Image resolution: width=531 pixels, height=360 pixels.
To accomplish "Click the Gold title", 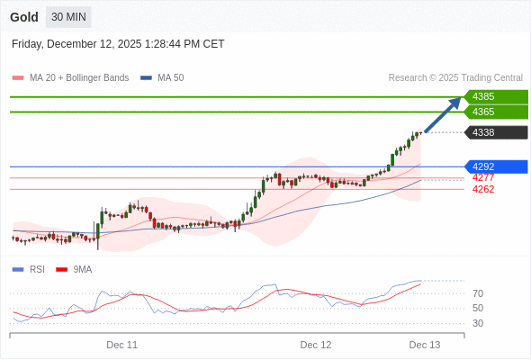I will pyautogui.click(x=24, y=17).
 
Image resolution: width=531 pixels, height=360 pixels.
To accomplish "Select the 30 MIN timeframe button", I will pyautogui.click(x=68, y=17).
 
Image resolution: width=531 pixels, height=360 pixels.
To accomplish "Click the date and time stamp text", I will pyautogui.click(x=118, y=44).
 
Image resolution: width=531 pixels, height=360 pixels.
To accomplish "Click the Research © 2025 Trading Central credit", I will pyautogui.click(x=455, y=78).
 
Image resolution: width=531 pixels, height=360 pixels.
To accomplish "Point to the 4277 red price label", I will pyautogui.click(x=483, y=177).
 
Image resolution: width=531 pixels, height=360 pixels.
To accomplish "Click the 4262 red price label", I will pyautogui.click(x=483, y=189).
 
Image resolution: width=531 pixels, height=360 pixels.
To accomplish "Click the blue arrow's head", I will pyautogui.click(x=456, y=102).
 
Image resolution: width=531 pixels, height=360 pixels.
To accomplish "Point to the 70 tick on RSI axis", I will pyautogui.click(x=478, y=293).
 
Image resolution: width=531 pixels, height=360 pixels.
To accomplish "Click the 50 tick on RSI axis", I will pyautogui.click(x=478, y=308).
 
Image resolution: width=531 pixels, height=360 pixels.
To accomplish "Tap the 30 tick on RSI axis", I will pyautogui.click(x=478, y=323).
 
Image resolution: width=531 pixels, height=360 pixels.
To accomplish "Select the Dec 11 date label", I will pyautogui.click(x=121, y=345).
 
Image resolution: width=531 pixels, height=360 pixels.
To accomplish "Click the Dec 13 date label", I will pyautogui.click(x=425, y=345).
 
